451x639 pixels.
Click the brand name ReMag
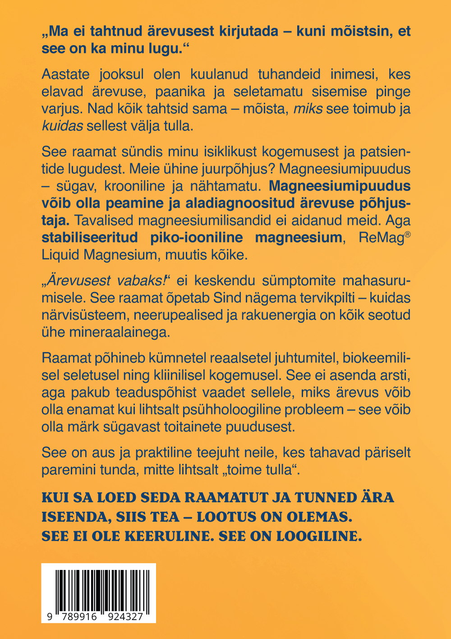click(x=380, y=238)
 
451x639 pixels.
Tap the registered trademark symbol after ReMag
click(x=407, y=234)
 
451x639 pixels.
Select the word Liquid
click(x=60, y=255)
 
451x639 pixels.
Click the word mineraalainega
click(x=120, y=332)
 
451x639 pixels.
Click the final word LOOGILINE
click(x=319, y=536)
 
